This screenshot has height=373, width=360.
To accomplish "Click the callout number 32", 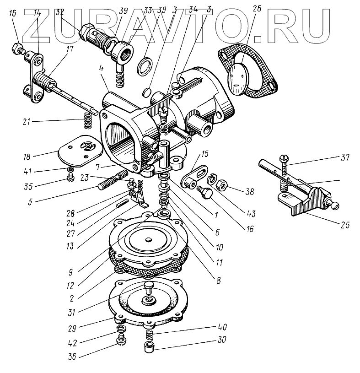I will coord(59,13).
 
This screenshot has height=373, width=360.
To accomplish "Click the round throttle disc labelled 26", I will coord(241,76).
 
